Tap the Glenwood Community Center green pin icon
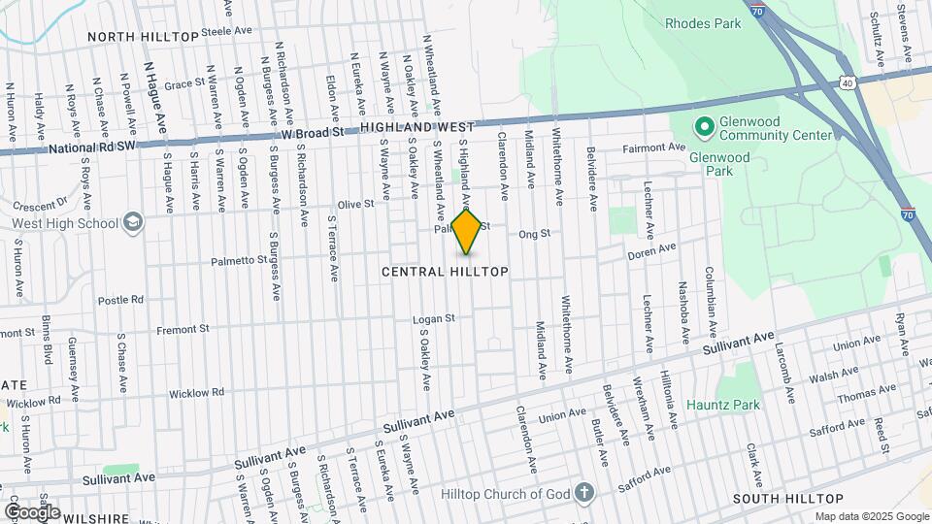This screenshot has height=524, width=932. (x=703, y=127)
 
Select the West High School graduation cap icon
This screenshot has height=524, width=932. (x=133, y=223)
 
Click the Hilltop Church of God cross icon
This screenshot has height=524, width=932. (x=582, y=493)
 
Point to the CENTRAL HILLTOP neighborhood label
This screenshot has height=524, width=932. (x=445, y=272)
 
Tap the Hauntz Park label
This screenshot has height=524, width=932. (x=719, y=403)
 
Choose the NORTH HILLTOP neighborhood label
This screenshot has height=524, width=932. (x=143, y=36)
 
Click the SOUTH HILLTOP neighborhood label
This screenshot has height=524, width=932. (x=784, y=498)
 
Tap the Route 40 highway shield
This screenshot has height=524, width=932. (x=849, y=83)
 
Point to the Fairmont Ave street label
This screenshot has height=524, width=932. (x=653, y=147)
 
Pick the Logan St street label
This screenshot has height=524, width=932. (x=433, y=318)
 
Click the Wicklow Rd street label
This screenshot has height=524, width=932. (x=196, y=393)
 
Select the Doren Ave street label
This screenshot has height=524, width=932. (x=651, y=250)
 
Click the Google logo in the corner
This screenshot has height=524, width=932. (x=33, y=511)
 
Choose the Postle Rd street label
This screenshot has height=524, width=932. (x=121, y=300)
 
